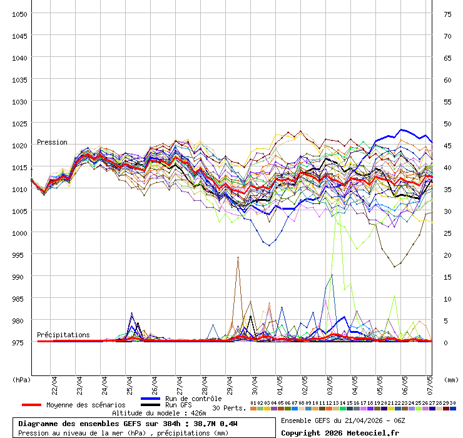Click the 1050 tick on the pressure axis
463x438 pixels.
19,14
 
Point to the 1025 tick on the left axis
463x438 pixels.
19,123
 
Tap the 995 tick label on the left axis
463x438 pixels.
19,255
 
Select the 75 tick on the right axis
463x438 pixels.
447,14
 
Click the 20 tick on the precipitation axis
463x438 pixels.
447,255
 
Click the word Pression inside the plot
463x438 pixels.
52,142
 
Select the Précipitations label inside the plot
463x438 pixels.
63,335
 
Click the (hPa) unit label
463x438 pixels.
21,379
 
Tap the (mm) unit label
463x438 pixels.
450,379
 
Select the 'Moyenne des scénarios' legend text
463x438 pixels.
86,405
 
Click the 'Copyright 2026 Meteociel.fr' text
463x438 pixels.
340,432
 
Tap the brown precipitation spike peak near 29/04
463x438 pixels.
238,257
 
